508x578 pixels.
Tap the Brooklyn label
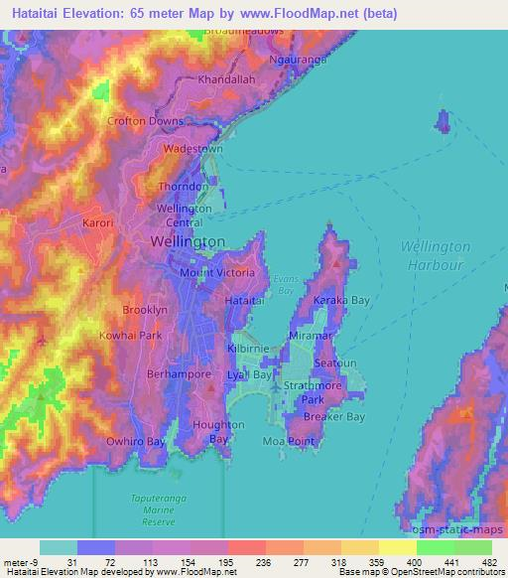[144, 310]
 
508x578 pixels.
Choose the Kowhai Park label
[129, 336]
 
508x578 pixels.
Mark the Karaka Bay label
[341, 300]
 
